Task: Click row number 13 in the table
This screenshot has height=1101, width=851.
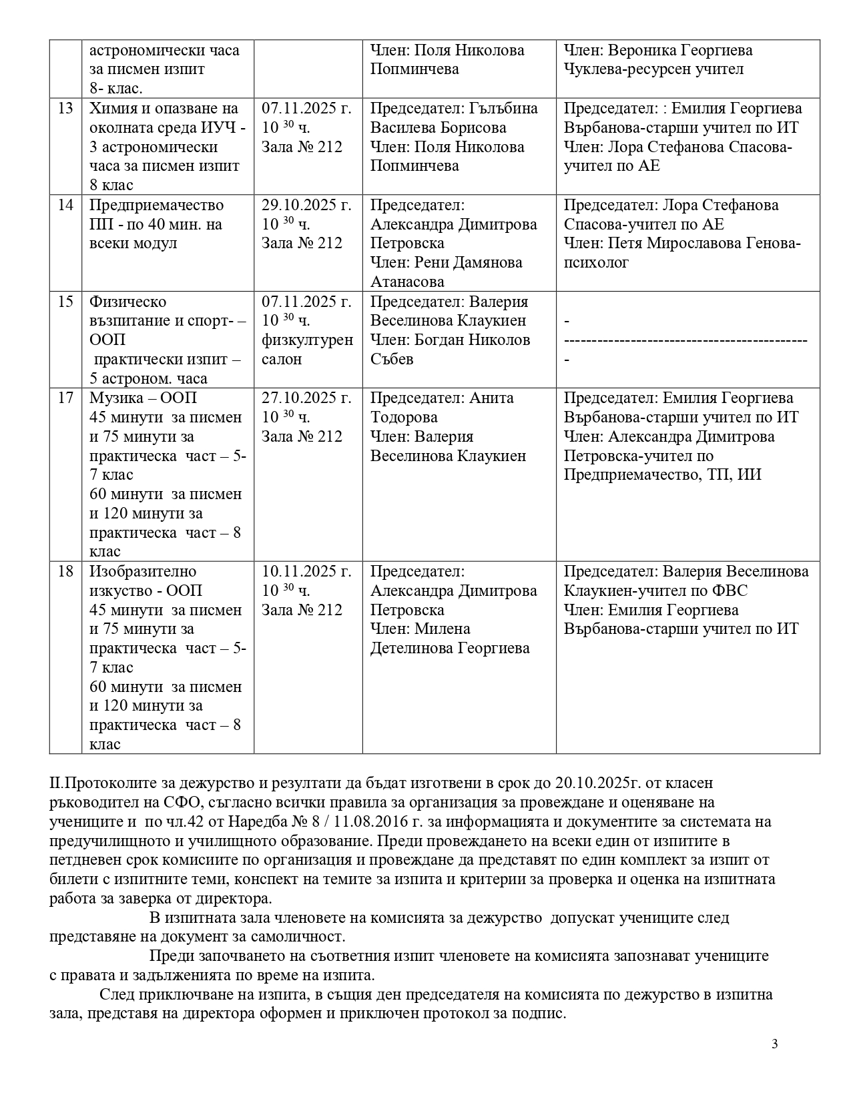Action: [65, 108]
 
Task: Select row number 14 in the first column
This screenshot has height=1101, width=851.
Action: [65, 205]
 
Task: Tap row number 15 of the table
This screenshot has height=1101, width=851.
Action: [65, 302]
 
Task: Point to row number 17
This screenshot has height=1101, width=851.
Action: [65, 398]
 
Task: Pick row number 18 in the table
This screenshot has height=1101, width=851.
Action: [65, 572]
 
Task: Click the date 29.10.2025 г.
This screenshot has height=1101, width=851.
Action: [306, 205]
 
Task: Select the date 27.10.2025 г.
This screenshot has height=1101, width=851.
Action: [306, 398]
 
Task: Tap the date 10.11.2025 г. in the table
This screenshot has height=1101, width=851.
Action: [306, 572]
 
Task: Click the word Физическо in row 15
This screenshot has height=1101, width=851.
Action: [127, 302]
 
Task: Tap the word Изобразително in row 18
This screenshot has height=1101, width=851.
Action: [143, 572]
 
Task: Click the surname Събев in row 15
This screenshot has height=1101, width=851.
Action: [392, 359]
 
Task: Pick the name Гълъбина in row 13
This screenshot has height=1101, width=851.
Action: [503, 108]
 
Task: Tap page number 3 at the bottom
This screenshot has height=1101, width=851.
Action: [775, 1044]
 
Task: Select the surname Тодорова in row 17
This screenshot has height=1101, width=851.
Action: [404, 418]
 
